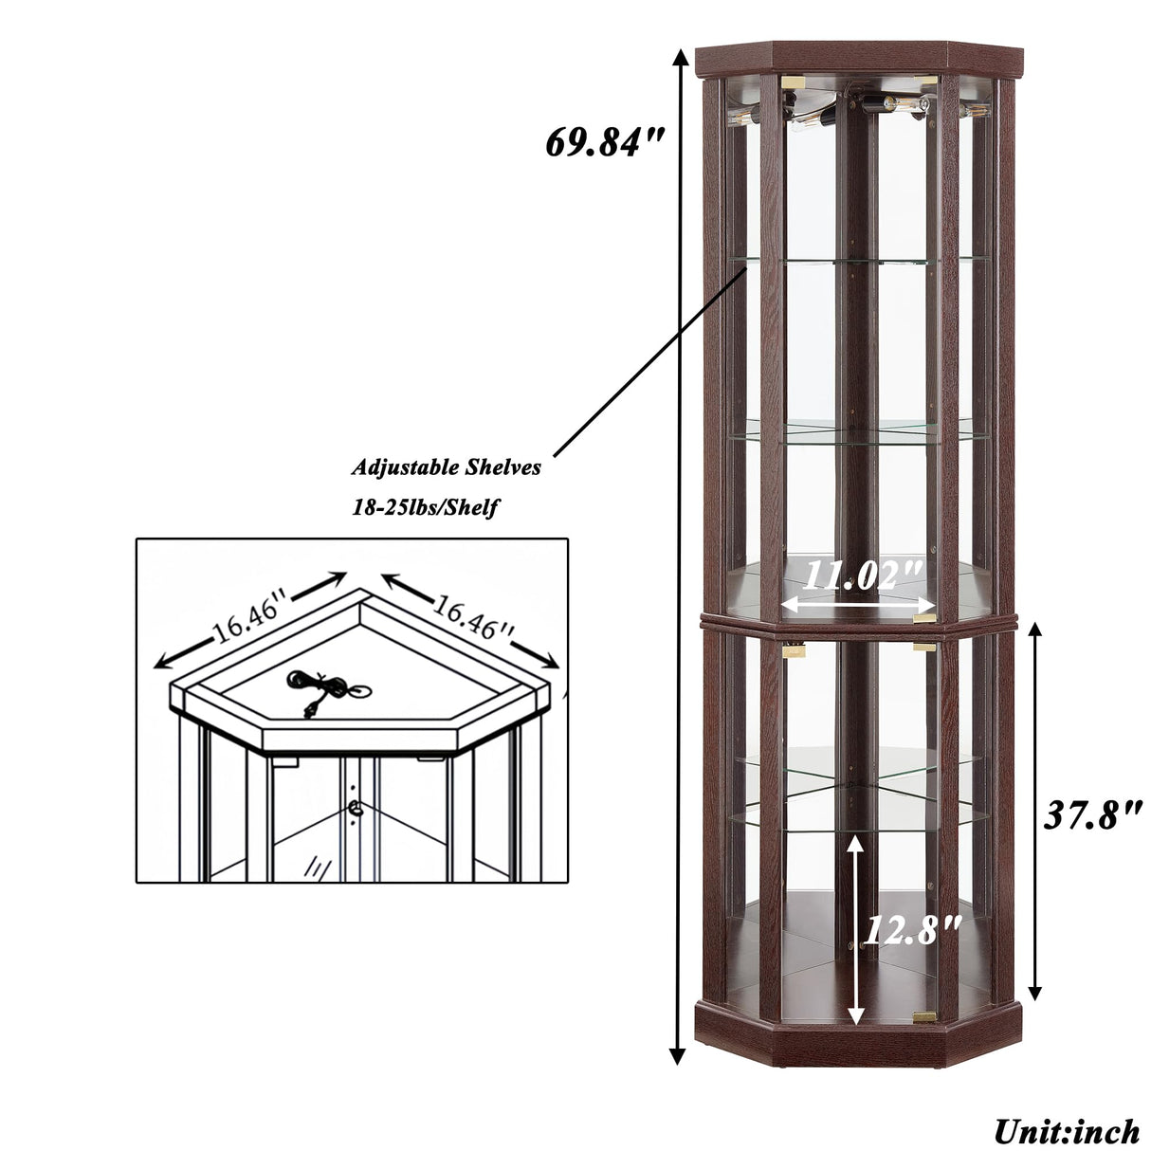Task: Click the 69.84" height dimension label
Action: point(605,143)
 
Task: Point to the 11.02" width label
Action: point(863,574)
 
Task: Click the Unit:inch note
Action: point(1066,1130)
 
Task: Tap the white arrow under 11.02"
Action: point(859,603)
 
